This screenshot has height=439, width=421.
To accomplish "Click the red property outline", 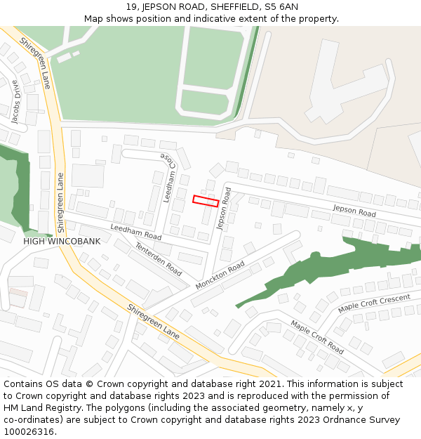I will pyautogui.click(x=206, y=201).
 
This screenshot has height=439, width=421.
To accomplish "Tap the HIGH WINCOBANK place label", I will pyautogui.click(x=62, y=241).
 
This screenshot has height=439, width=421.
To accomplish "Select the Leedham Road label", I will pyautogui.click(x=136, y=232).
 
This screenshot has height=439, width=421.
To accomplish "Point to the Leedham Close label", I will pyautogui.click(x=168, y=177).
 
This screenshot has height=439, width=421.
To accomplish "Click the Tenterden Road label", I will pyautogui.click(x=159, y=258).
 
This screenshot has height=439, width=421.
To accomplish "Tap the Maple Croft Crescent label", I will pyautogui.click(x=374, y=303).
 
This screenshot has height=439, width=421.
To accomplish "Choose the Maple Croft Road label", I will pyautogui.click(x=317, y=336).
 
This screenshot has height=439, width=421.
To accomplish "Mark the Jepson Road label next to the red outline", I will pyautogui.click(x=224, y=209).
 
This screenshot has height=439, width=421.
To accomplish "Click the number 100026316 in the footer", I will pyautogui.click(x=30, y=432).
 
